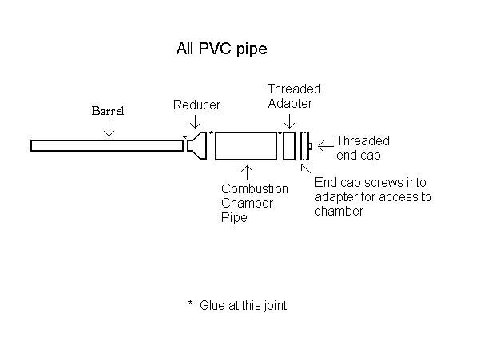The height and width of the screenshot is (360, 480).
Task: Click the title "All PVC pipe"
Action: click(x=222, y=49)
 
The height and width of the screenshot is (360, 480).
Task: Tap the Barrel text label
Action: click(x=108, y=111)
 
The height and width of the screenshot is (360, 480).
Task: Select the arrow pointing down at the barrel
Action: click(x=109, y=128)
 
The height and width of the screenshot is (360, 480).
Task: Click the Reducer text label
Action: click(x=196, y=105)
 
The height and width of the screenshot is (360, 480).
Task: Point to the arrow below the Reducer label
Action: click(x=196, y=122)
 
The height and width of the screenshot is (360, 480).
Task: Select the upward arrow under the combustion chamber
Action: click(x=248, y=173)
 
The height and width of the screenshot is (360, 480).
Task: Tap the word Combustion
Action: click(x=255, y=188)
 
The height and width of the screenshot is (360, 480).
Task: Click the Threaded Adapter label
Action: click(x=294, y=96)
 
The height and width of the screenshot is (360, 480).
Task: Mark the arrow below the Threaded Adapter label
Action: click(x=290, y=121)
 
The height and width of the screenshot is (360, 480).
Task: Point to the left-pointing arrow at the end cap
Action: click(x=326, y=147)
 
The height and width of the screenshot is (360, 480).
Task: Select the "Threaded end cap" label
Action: click(x=363, y=148)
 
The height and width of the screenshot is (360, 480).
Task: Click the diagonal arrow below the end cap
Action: click(x=307, y=169)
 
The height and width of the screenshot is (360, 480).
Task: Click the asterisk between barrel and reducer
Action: click(x=184, y=137)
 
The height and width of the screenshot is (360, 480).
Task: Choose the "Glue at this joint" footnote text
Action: click(x=243, y=305)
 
